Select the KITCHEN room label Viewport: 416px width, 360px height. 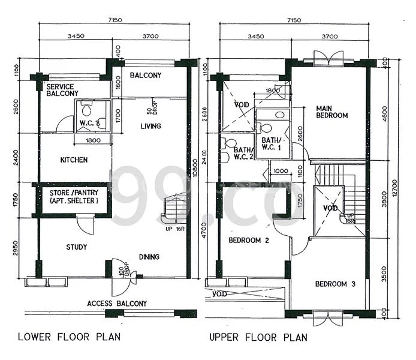click(74, 160)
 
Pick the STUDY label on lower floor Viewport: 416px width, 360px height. click(77, 247)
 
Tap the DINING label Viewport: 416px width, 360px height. click(149, 257)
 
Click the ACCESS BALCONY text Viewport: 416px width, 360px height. click(117, 304)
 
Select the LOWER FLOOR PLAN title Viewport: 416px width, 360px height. click(70, 337)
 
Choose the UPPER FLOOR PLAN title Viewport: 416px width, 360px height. click(258, 338)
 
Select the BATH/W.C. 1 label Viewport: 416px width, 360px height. click(272, 145)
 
